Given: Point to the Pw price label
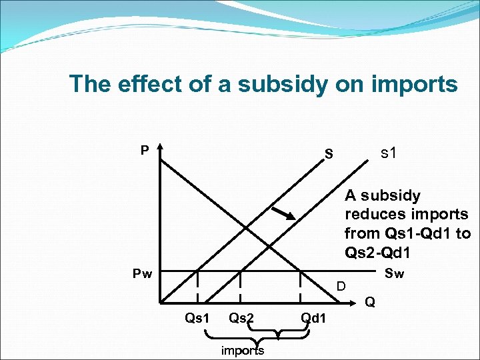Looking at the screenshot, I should pyautogui.click(x=141, y=273).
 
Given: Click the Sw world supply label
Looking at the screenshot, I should pyautogui.click(x=394, y=273).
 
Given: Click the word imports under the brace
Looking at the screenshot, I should pyautogui.click(x=242, y=351).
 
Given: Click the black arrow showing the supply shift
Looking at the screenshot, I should pyautogui.click(x=284, y=213).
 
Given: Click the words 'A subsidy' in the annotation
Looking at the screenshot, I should pyautogui.click(x=383, y=196).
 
